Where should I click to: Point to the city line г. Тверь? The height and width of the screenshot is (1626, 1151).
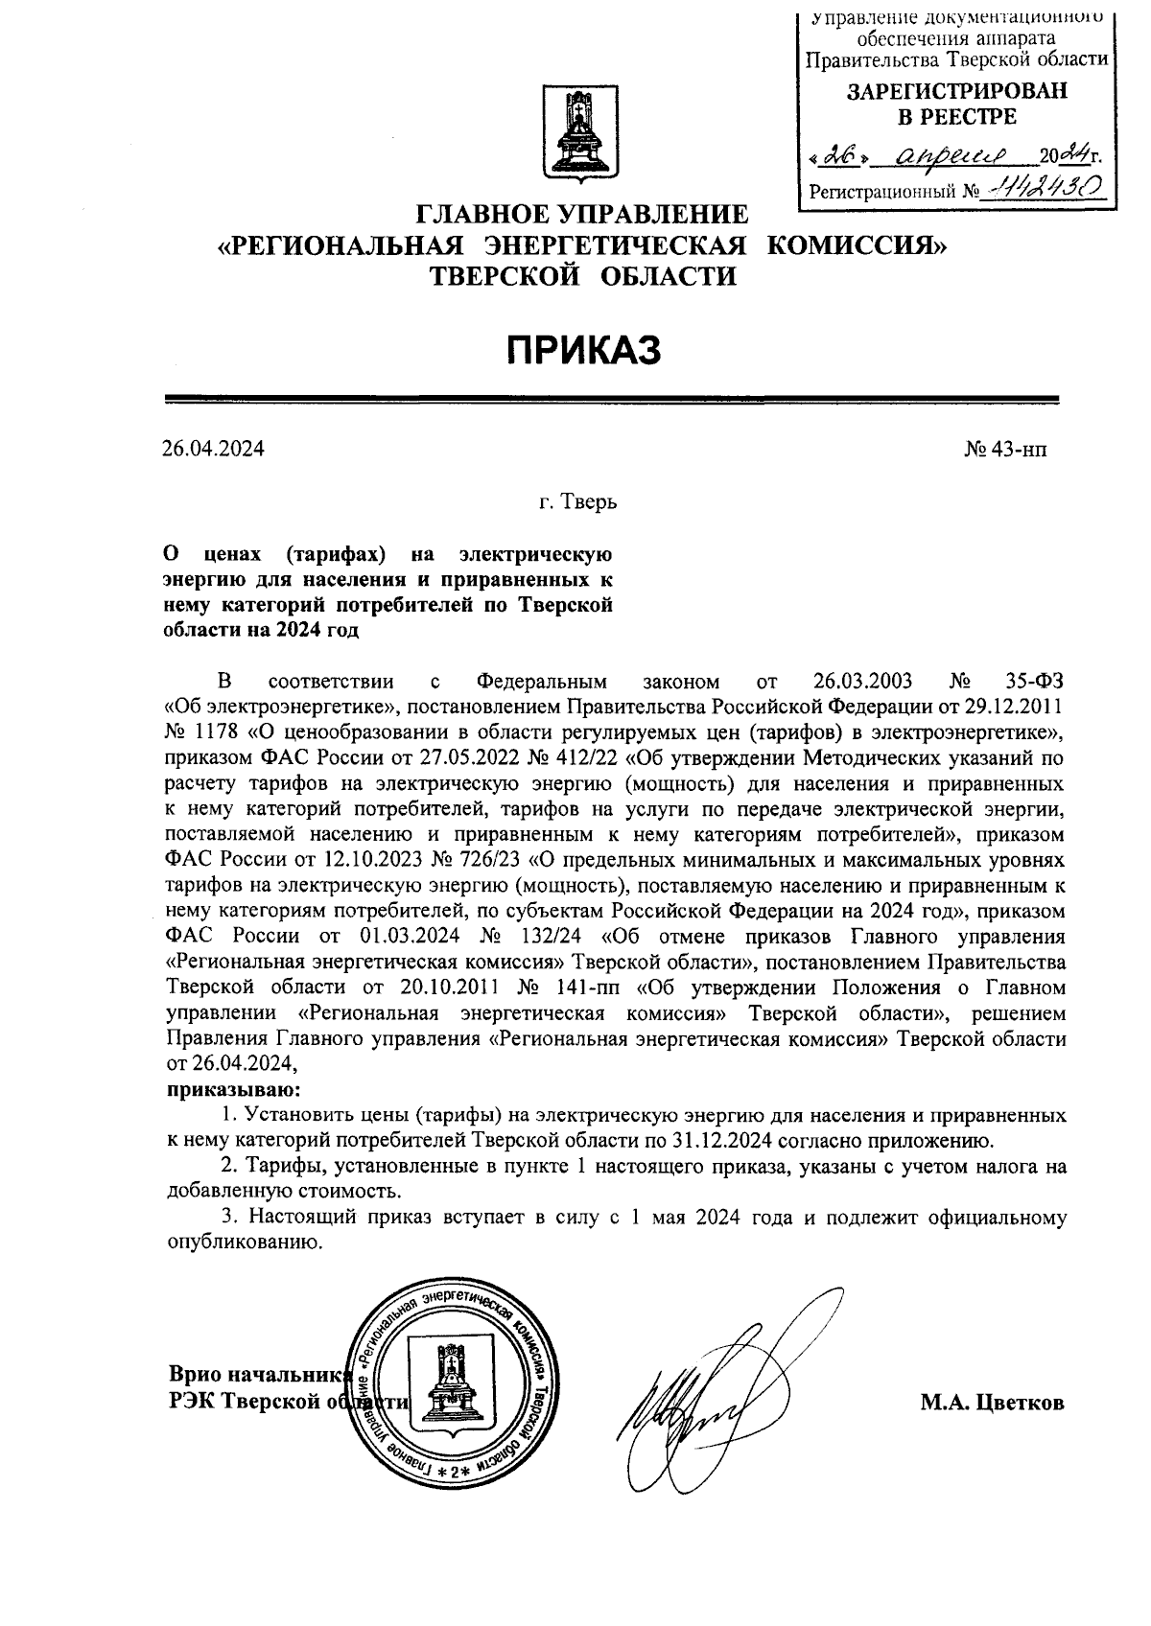pyautogui.click(x=577, y=502)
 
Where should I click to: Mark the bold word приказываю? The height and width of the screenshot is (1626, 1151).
pyautogui.click(x=233, y=1090)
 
